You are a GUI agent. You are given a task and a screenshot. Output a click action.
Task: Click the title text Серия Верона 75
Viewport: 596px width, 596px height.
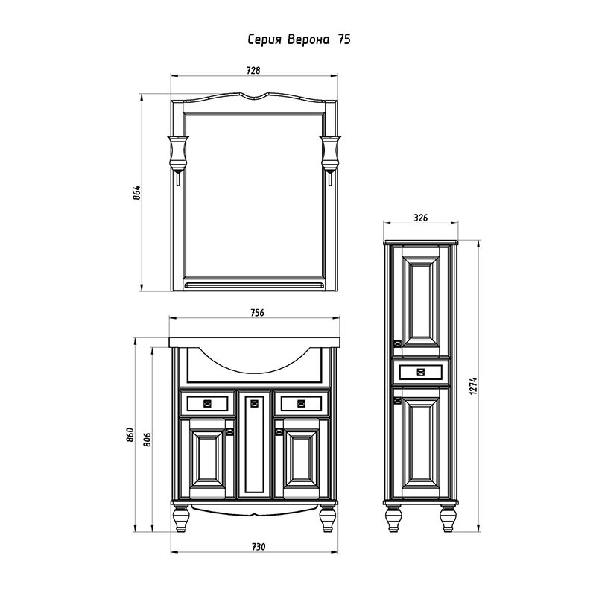point(299,40)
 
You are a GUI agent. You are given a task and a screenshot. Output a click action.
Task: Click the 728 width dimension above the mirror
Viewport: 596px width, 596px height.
point(253,71)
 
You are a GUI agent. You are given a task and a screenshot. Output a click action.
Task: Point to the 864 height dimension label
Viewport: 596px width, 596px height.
point(137,193)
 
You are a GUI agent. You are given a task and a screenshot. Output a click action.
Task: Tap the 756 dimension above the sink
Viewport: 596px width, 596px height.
point(257,312)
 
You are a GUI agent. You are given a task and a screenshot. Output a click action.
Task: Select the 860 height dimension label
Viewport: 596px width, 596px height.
point(130,435)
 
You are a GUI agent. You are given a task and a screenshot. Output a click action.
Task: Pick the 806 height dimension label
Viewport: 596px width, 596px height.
point(148,440)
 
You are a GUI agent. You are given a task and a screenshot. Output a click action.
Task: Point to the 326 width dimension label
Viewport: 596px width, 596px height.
point(421,218)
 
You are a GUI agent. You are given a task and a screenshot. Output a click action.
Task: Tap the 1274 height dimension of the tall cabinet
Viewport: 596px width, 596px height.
point(472,385)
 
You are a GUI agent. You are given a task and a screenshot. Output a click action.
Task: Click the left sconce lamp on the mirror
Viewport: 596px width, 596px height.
point(177,156)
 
